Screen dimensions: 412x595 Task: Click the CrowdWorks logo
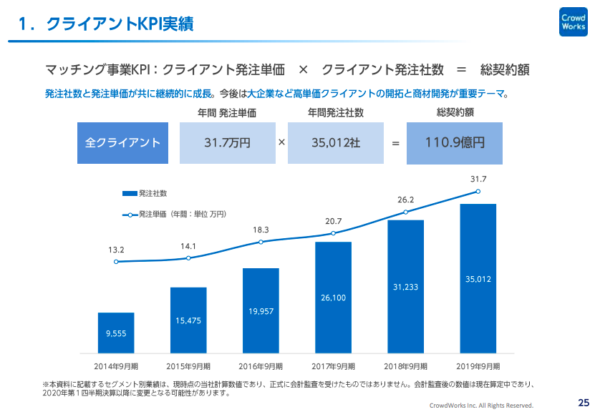(573, 22)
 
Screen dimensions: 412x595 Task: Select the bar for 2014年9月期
(116, 333)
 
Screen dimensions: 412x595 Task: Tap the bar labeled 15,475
(188, 320)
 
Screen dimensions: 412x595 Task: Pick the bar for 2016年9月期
(261, 310)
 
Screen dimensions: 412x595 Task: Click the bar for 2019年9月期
(478, 279)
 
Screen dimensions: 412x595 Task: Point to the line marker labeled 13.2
(116, 263)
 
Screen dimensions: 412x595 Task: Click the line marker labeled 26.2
(405, 212)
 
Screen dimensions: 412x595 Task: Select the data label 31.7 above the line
(478, 179)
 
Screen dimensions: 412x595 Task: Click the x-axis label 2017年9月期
(333, 367)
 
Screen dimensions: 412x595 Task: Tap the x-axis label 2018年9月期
(405, 367)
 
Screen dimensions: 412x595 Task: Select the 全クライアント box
(122, 142)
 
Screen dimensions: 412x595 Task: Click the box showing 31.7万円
(227, 142)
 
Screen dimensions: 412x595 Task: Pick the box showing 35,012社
(336, 142)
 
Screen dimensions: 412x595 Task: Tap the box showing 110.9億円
(454, 142)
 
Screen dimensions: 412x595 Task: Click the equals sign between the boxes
(395, 143)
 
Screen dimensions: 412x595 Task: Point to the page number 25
(583, 401)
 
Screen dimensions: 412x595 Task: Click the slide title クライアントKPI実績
(119, 24)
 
